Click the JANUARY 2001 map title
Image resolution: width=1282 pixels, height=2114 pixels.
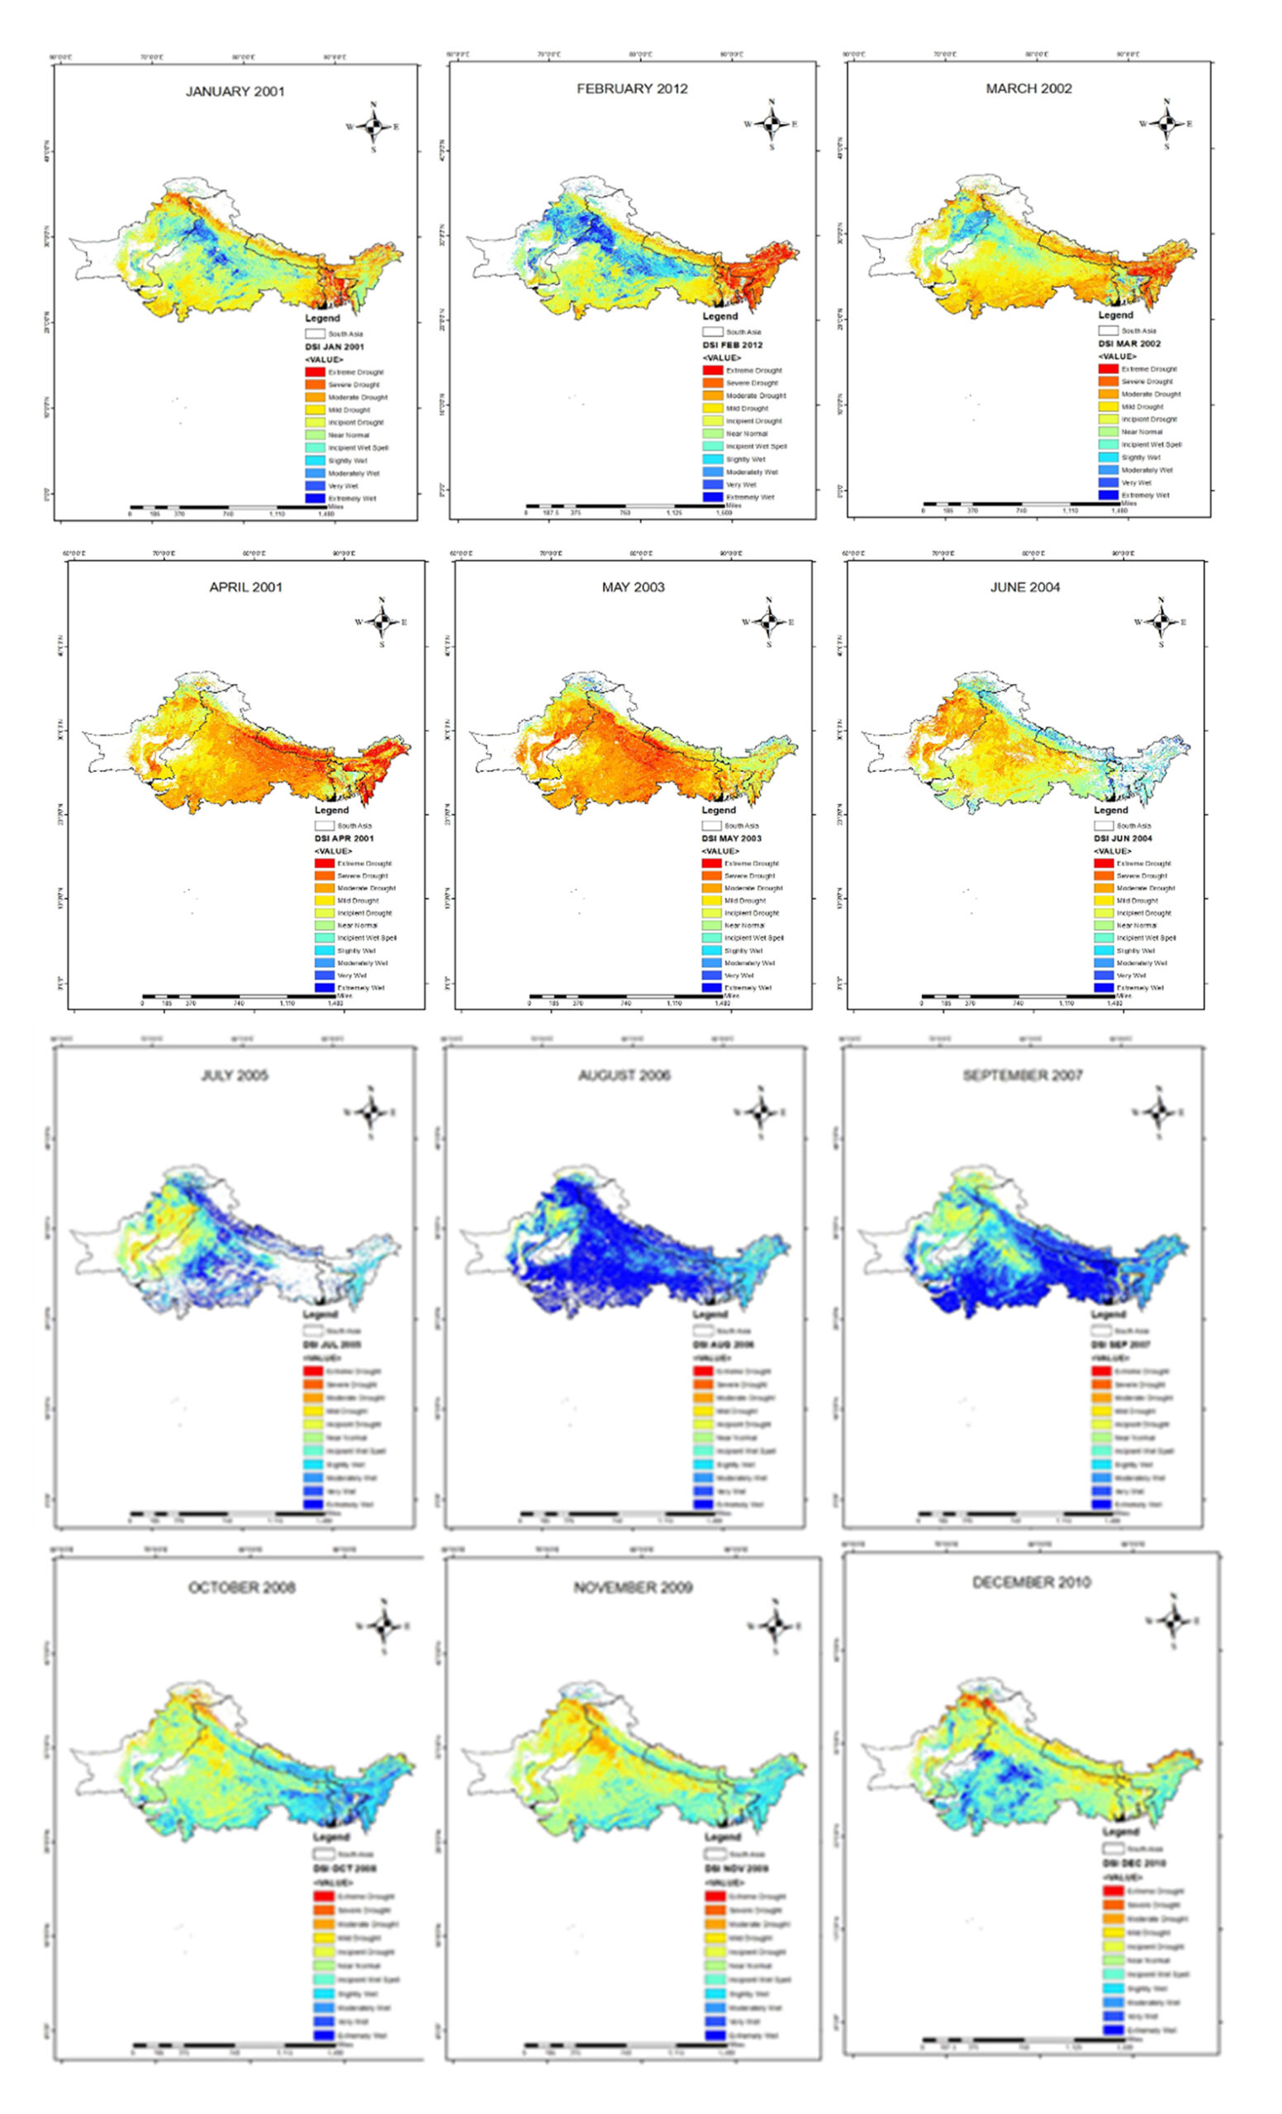coord(235,92)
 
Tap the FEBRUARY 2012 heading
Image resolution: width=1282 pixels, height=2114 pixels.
coord(632,88)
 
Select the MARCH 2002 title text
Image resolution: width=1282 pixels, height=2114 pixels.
coord(1028,88)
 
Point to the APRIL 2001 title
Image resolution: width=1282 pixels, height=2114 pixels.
coord(245,587)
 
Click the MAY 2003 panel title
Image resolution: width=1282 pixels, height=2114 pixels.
coord(633,587)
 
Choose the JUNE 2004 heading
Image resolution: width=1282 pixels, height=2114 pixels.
coord(1024,587)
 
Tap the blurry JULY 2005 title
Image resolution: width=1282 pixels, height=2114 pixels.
coord(235,1075)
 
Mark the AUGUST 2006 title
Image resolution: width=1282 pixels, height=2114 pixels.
coord(624,1075)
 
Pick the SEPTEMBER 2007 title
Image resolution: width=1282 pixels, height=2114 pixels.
coord(1022,1075)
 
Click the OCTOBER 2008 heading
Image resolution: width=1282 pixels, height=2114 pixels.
coord(241,1587)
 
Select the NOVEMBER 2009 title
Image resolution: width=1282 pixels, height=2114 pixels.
coord(633,1587)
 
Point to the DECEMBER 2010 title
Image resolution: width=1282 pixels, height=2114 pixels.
coord(1031,1582)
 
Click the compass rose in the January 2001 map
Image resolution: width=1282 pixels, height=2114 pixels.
coord(373,127)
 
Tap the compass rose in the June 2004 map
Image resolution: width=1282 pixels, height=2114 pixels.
coord(1161,622)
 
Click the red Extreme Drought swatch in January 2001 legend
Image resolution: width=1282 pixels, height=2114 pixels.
coord(315,372)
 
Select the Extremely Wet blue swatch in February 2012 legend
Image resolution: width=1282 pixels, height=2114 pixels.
coord(712,497)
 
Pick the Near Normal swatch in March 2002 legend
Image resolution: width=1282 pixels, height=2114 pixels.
coord(1109,432)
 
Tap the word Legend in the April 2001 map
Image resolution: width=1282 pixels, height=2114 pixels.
coord(331,810)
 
